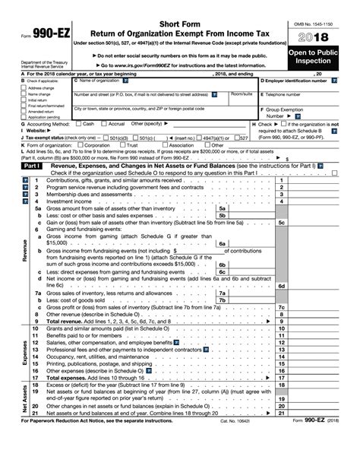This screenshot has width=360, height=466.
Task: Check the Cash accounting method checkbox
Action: coord(78,123)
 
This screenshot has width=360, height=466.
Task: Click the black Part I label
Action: coord(31,165)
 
